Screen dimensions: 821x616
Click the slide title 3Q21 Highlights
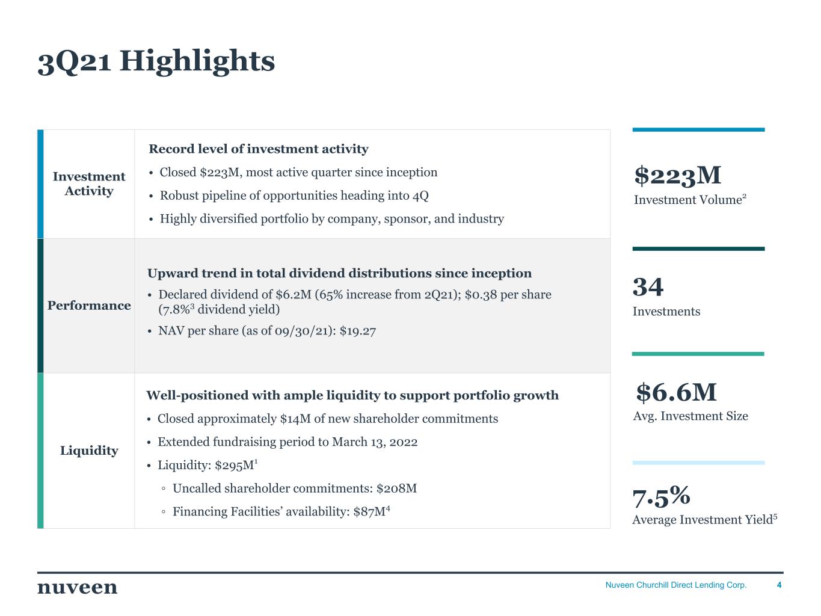pos(156,61)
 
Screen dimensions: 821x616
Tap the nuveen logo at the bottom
pos(78,588)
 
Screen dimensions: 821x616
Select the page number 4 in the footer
pos(779,585)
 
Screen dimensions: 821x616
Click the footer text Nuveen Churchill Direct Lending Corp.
pos(676,585)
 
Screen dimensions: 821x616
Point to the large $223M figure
pos(678,175)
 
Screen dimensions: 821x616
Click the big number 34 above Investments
pos(648,286)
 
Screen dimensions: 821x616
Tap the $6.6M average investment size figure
pos(676,392)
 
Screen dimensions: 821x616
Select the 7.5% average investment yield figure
pos(661,496)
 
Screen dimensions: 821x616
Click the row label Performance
pos(89,306)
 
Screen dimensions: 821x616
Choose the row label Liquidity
pos(89,451)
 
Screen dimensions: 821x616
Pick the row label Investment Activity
pos(89,183)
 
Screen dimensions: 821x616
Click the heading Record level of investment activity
pos(259,149)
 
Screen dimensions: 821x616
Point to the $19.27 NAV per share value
pos(358,331)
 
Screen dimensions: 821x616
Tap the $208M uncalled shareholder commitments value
pos(396,488)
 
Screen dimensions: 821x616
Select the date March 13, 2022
pos(375,442)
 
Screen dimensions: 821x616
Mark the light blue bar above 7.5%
pos(698,463)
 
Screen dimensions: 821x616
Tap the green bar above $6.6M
pos(698,354)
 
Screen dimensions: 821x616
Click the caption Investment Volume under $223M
pos(688,200)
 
